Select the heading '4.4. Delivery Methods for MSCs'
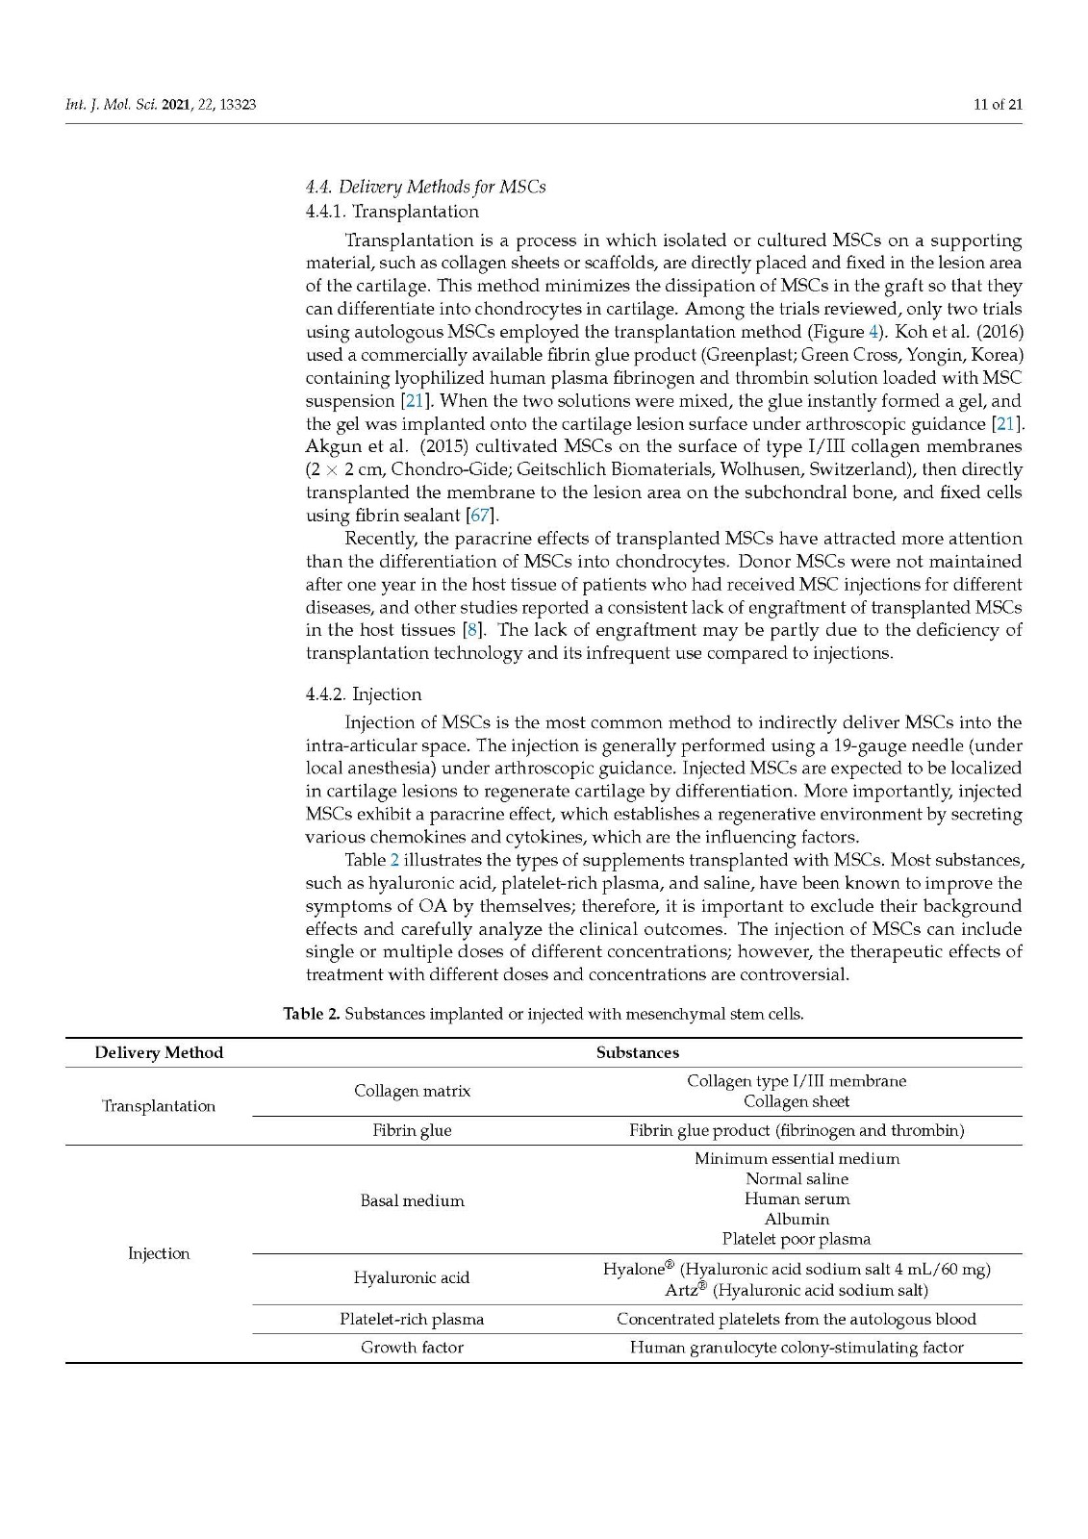[425, 187]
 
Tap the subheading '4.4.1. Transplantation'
[392, 212]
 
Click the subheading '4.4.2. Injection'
[364, 694]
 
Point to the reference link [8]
[472, 630]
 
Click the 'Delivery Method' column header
[159, 1052]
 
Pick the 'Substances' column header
[637, 1052]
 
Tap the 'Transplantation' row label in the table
[159, 1106]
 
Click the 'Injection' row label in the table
[159, 1253]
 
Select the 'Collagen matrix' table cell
[412, 1091]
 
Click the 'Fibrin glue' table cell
[412, 1130]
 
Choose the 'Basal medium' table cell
[412, 1200]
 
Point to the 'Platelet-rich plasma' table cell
[412, 1319]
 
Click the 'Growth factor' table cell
[412, 1348]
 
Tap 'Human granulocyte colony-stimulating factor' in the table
[797, 1348]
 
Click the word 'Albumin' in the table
[797, 1219]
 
